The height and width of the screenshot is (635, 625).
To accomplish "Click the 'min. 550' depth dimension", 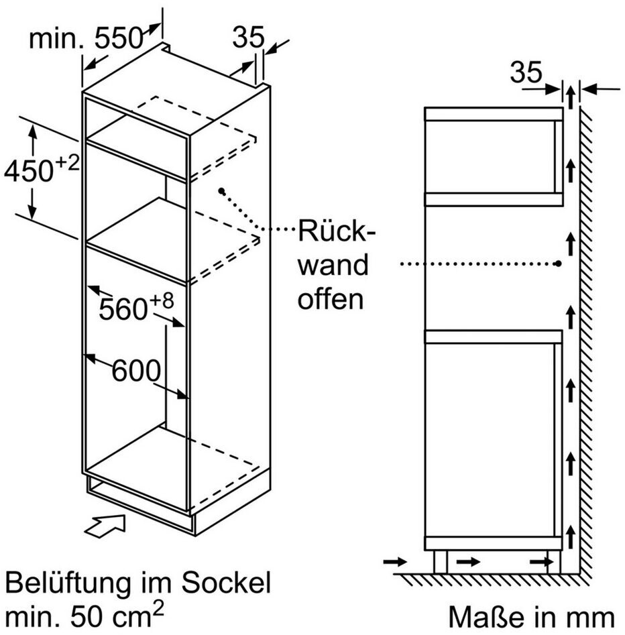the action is (x=87, y=38).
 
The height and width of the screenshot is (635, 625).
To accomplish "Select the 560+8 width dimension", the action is (x=136, y=306).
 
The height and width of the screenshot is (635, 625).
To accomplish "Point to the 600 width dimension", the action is (x=136, y=371).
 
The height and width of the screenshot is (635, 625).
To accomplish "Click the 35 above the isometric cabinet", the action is (x=248, y=38).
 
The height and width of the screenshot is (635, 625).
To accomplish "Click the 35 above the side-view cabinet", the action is (x=526, y=72).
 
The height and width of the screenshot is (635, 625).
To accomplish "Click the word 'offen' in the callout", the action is (x=331, y=299).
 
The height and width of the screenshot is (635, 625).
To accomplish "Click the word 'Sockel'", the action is (x=225, y=582).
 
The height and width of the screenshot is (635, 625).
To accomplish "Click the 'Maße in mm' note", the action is (x=531, y=617).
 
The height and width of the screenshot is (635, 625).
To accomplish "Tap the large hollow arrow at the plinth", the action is (x=105, y=526).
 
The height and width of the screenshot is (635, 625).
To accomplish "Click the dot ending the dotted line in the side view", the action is (x=558, y=264).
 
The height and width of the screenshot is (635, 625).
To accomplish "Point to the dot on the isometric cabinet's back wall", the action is (x=221, y=190).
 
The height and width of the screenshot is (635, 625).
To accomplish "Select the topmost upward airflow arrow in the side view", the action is (x=571, y=97).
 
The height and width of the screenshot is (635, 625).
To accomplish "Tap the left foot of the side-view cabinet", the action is (x=441, y=562).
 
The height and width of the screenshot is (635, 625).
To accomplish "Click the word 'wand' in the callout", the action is (x=333, y=266).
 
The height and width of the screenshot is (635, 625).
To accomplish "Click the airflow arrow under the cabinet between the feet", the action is (x=468, y=562).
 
